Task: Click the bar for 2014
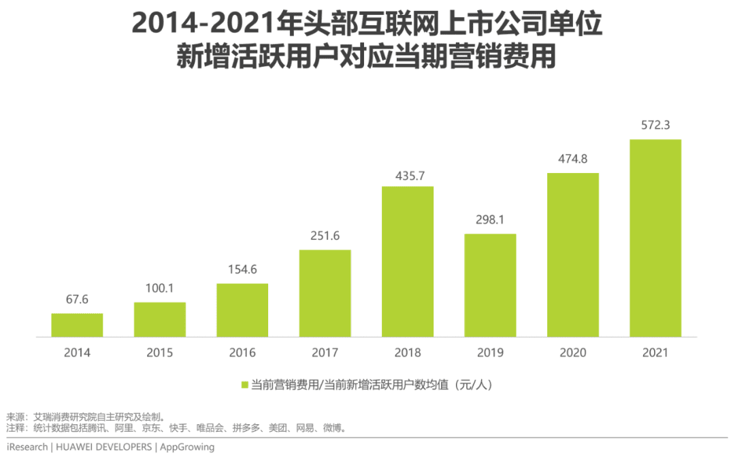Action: coord(77,325)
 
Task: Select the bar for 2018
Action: coord(408,261)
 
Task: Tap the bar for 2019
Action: coord(490,285)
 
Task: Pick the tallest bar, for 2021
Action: coord(655,238)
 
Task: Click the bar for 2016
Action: coord(242,310)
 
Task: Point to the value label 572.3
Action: coord(655,125)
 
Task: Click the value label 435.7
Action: coord(408,176)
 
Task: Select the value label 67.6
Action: coord(77,300)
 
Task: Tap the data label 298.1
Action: coord(490,220)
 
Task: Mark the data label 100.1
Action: coord(159,288)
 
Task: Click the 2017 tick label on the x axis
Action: coord(325,353)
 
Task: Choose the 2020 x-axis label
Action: coord(573,353)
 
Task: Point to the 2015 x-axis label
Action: coord(159,353)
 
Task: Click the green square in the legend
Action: coord(245,385)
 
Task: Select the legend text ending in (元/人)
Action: coord(372,385)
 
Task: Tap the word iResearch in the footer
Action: coord(27,447)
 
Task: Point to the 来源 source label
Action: coord(15,417)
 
